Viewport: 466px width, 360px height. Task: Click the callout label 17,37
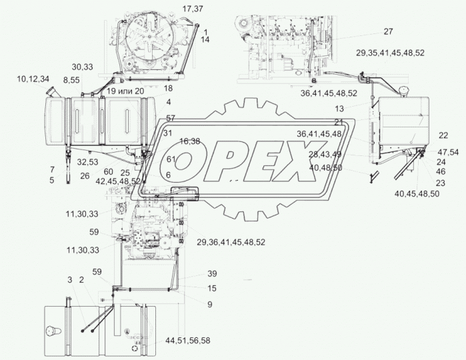point(193,9)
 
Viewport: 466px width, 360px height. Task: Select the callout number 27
point(388,31)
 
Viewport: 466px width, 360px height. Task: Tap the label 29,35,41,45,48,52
point(390,53)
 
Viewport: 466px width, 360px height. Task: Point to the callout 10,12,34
point(33,79)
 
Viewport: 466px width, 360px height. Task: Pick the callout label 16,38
point(189,141)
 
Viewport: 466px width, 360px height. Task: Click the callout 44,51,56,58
point(188,341)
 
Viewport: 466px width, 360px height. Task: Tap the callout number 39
point(212,273)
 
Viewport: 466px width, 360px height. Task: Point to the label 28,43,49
point(325,154)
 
